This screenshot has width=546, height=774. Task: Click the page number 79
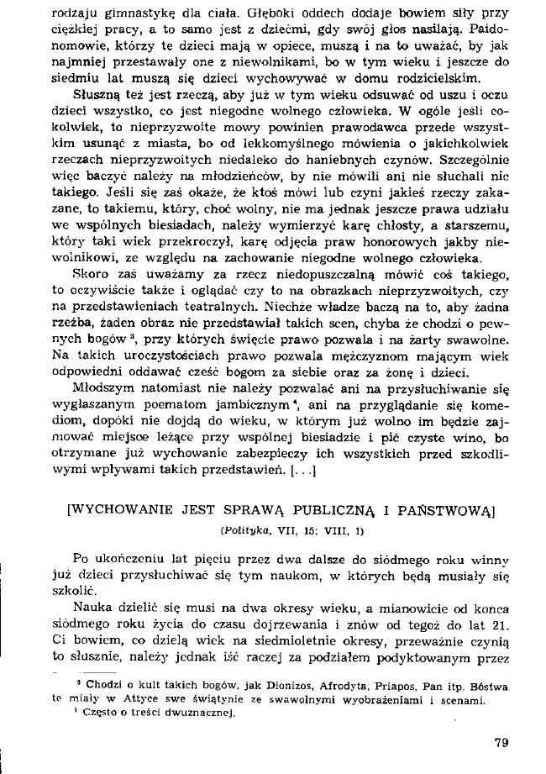tap(503, 743)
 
